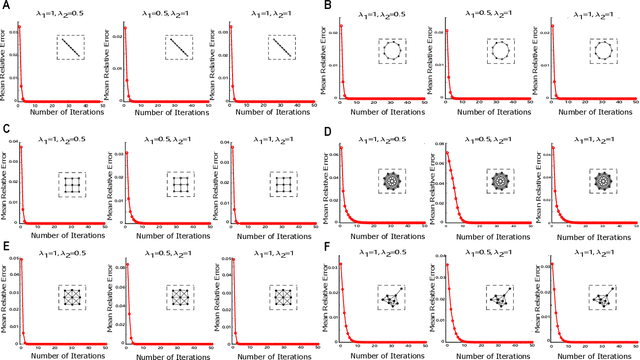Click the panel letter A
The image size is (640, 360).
pyautogui.click(x=6, y=7)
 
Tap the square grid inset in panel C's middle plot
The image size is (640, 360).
pyautogui.click(x=176, y=186)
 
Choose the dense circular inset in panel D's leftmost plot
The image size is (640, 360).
pyautogui.click(x=392, y=183)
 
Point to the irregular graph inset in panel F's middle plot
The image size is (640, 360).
pyautogui.click(x=497, y=297)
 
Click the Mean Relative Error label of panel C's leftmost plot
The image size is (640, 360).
pyautogui.click(x=7, y=188)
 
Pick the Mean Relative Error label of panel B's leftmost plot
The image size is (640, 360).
pyautogui.click(x=331, y=68)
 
